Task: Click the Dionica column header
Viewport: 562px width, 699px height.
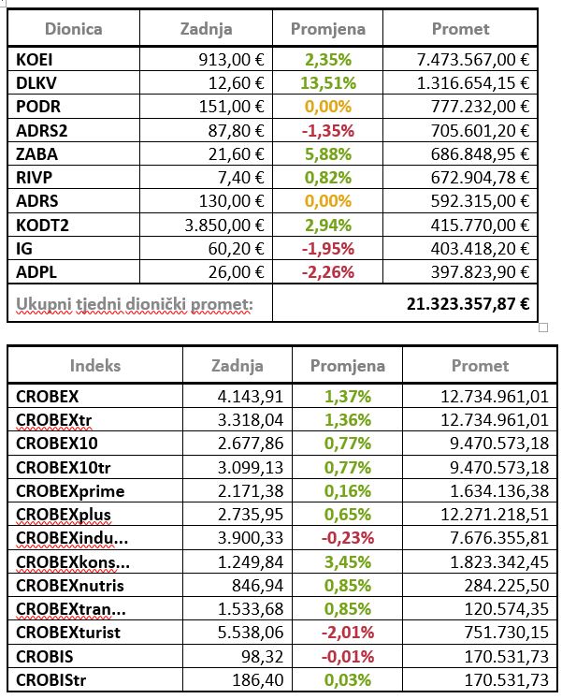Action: (x=74, y=29)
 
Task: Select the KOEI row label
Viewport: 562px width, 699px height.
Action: (x=34, y=59)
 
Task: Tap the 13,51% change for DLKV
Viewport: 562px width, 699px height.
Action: (x=328, y=83)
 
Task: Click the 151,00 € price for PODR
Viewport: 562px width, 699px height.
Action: (x=231, y=107)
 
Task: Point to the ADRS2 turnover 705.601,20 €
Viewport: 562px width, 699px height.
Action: (x=480, y=131)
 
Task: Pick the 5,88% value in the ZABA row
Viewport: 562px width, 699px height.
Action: (x=328, y=154)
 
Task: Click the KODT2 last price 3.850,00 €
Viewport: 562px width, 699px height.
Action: (x=224, y=226)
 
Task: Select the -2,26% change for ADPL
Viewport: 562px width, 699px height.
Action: (x=328, y=272)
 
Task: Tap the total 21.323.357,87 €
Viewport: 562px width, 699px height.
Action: (x=468, y=303)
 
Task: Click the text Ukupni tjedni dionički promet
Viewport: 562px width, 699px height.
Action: (x=135, y=304)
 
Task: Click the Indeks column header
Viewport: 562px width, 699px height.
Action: (x=95, y=366)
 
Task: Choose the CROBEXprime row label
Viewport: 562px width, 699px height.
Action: (x=70, y=491)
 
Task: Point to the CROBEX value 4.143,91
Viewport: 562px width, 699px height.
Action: (x=251, y=397)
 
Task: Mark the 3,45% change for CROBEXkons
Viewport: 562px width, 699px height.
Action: (x=347, y=561)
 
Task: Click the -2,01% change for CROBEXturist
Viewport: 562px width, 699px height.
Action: (x=347, y=633)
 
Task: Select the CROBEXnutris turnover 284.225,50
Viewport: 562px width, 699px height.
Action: (x=507, y=586)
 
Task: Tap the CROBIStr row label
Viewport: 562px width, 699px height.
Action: (x=50, y=680)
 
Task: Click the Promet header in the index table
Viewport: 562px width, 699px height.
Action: (x=480, y=366)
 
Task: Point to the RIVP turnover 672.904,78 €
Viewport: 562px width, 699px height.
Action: (x=480, y=178)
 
